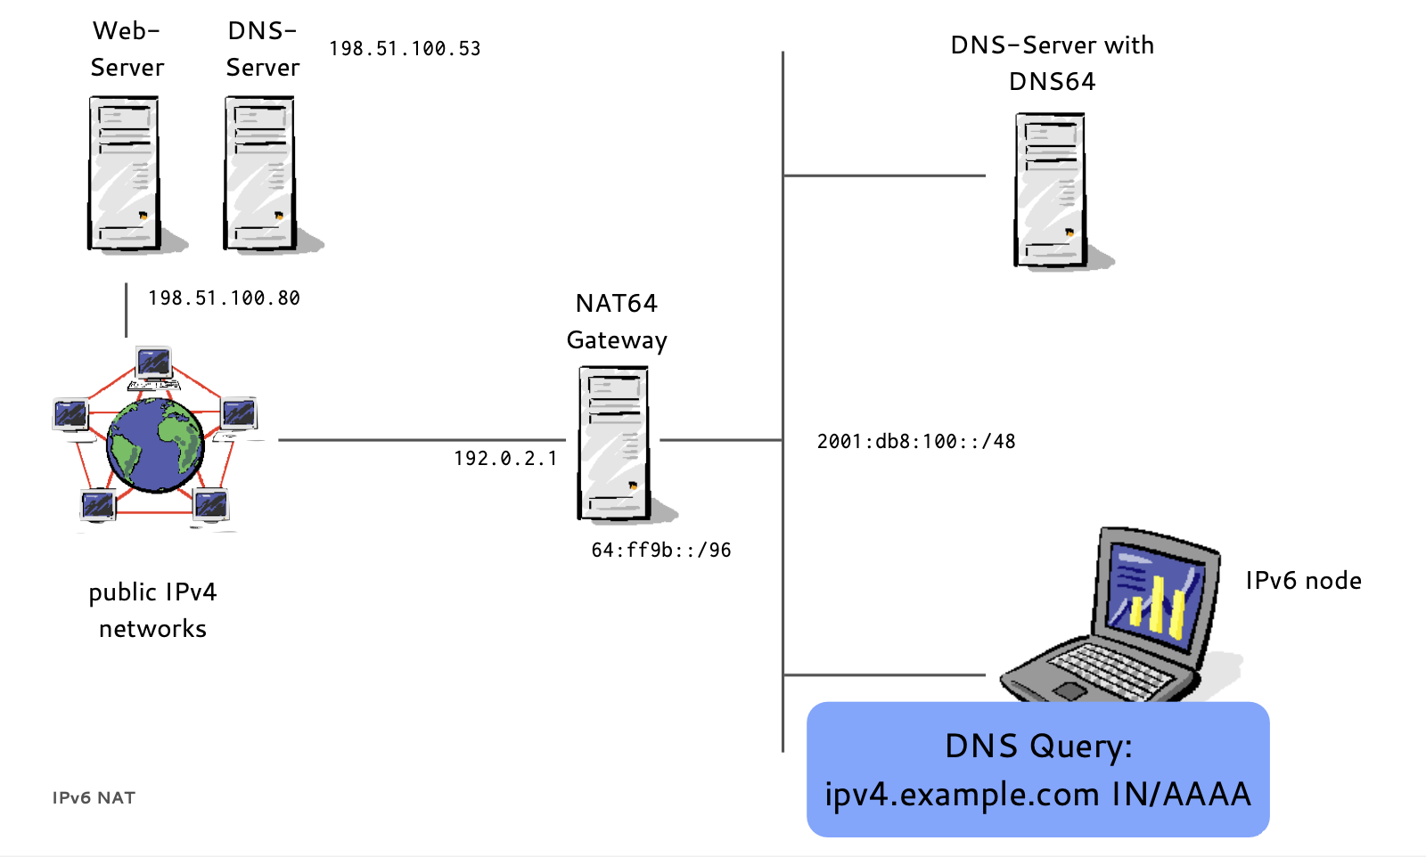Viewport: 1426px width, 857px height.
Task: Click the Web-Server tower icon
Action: tap(124, 173)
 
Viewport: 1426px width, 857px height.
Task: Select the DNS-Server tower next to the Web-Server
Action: tap(259, 173)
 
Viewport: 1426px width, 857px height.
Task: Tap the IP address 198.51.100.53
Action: tap(405, 49)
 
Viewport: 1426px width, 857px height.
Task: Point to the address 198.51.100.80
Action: tap(224, 298)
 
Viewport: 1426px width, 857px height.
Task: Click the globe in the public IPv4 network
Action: tap(155, 445)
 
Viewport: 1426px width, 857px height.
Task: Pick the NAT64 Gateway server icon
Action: tap(614, 444)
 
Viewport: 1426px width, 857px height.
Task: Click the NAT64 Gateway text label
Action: tap(617, 322)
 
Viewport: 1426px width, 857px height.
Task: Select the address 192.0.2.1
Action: tap(505, 459)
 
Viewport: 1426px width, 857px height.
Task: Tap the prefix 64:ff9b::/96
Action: tap(661, 551)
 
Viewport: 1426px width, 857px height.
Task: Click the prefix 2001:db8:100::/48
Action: tap(916, 442)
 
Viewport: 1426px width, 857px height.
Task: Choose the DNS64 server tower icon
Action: tap(1050, 190)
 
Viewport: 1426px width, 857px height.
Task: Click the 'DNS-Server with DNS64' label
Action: tap(1052, 63)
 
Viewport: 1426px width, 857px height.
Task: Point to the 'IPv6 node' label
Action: tap(1303, 581)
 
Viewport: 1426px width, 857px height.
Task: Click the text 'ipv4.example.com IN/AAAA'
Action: tap(1037, 794)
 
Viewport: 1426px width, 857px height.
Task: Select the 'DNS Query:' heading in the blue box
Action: tap(1037, 746)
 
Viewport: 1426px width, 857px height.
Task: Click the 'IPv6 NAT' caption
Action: tap(94, 798)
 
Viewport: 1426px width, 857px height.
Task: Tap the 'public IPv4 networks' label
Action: tap(152, 610)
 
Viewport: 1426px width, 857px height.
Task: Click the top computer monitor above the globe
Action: tap(154, 363)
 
